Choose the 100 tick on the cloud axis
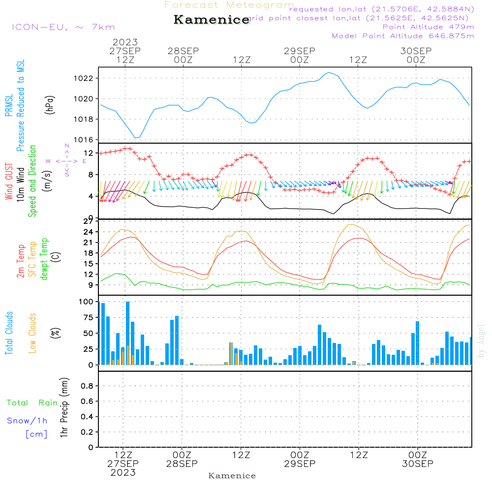click(x=87, y=302)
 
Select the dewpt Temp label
click(x=44, y=259)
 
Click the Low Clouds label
click(x=32, y=333)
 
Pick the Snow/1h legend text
click(x=28, y=421)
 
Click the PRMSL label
click(x=9, y=103)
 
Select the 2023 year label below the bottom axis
click(x=123, y=473)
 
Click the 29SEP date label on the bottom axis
click(x=300, y=464)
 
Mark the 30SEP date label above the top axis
click(x=415, y=51)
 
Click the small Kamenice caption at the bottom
click(x=232, y=476)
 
